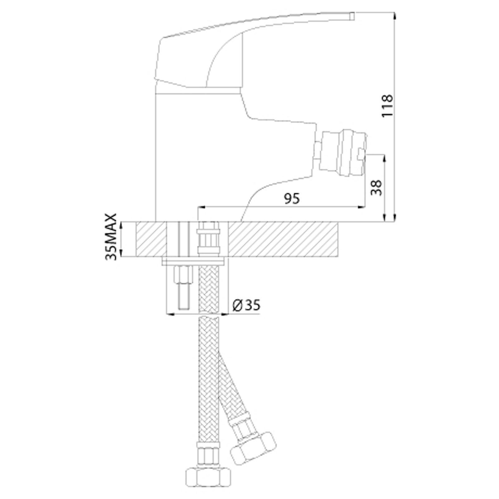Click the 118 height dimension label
388,106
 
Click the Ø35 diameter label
246,305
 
